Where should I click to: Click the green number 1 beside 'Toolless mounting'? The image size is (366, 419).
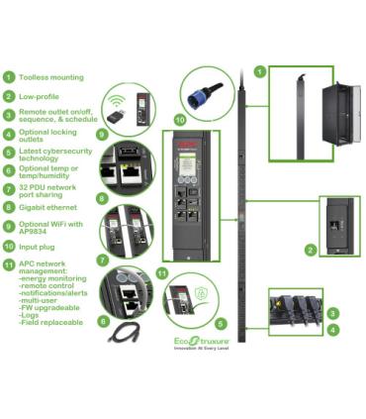9,76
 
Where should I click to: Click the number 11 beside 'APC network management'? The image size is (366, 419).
9,264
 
